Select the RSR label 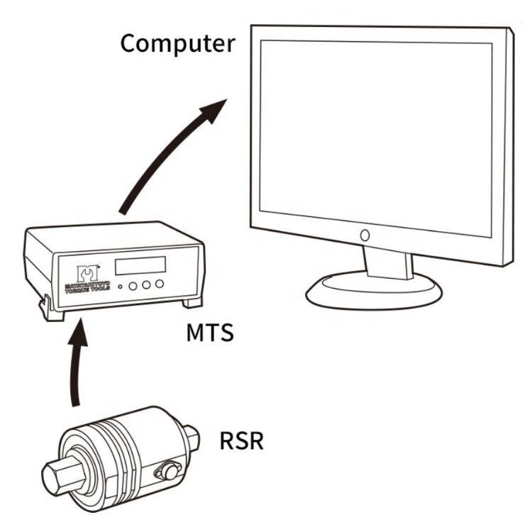[242, 440]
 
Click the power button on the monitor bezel [365, 234]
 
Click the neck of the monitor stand [387, 260]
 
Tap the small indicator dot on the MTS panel [121, 287]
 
